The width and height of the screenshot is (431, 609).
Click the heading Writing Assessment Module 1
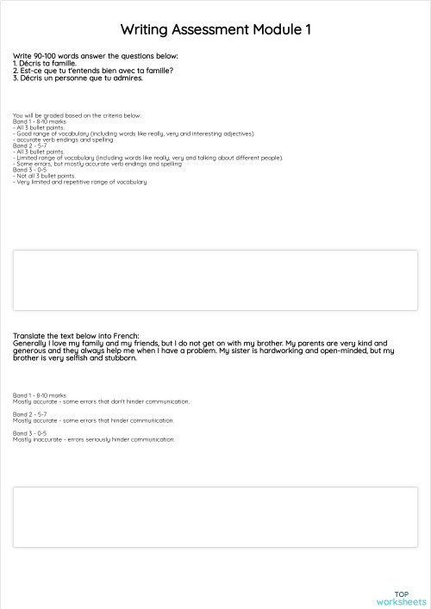coord(215,30)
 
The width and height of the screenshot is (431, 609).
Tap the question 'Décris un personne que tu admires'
coord(78,78)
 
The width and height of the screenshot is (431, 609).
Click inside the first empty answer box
coord(215,280)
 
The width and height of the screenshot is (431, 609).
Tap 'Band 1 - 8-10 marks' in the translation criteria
coord(40,395)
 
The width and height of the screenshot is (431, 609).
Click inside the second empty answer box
coord(215,517)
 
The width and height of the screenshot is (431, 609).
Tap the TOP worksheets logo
coord(402,598)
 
